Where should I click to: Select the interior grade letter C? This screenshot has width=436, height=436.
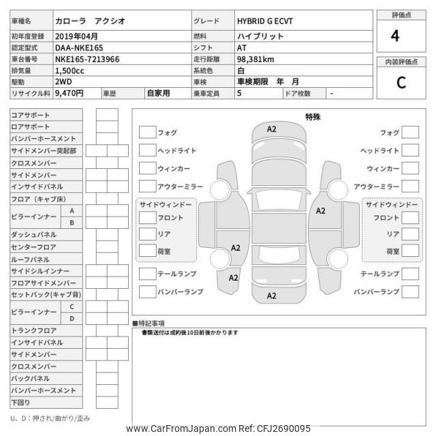click(401, 83)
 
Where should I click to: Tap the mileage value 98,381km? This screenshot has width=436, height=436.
click(255, 60)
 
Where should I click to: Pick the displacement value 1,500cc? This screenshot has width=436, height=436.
click(72, 72)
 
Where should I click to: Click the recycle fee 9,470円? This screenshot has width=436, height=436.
click(69, 93)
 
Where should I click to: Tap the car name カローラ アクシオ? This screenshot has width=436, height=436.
click(91, 22)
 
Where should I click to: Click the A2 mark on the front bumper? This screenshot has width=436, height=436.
click(271, 129)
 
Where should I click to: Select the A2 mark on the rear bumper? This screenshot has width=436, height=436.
click(271, 296)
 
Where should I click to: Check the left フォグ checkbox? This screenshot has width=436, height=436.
click(146, 132)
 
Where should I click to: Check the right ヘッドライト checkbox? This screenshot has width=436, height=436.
click(410, 150)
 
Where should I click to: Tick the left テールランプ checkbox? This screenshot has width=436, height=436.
click(146, 274)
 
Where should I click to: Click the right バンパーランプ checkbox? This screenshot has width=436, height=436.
click(410, 292)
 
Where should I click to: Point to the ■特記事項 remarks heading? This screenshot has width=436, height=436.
click(149, 323)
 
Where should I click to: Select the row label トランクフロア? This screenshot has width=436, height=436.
click(34, 330)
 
